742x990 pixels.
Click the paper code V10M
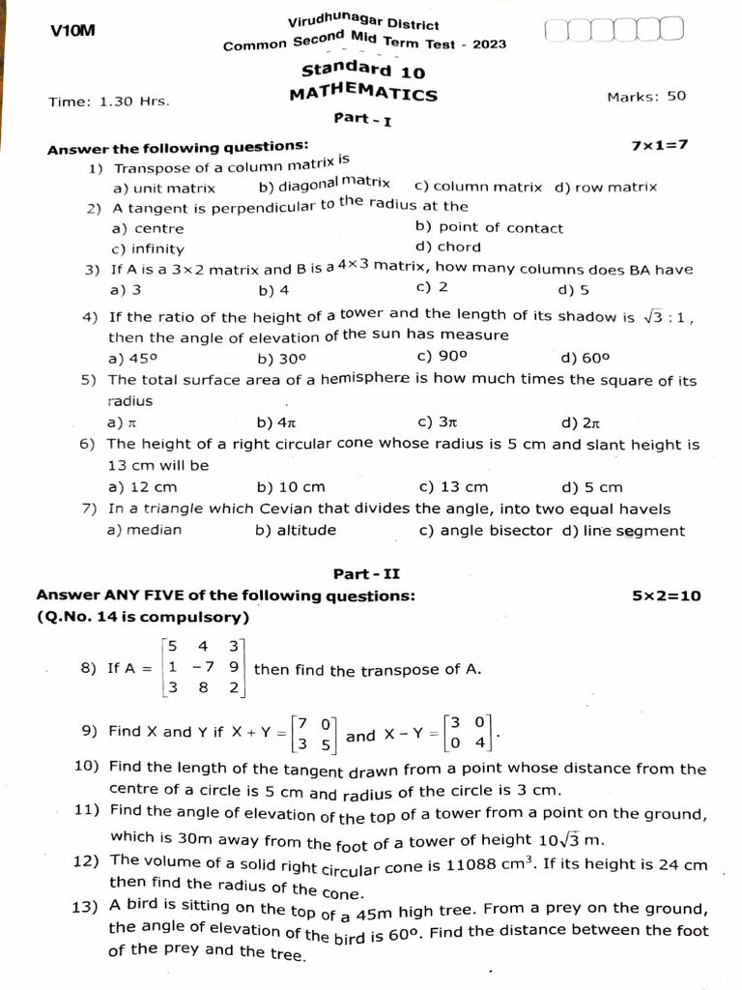[72, 32]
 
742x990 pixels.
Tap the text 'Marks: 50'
[646, 96]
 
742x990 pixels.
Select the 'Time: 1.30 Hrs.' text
[109, 101]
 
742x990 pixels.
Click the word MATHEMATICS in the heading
[363, 94]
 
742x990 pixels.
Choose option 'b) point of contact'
[489, 228]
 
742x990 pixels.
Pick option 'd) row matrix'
[606, 188]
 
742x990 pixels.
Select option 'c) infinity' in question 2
[148, 248]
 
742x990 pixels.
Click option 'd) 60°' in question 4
[585, 358]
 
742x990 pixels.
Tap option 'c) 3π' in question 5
[437, 422]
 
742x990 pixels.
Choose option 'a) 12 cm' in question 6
[145, 487]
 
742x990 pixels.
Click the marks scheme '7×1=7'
[660, 145]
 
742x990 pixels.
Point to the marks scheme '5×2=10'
[667, 597]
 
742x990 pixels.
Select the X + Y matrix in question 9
[316, 734]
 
